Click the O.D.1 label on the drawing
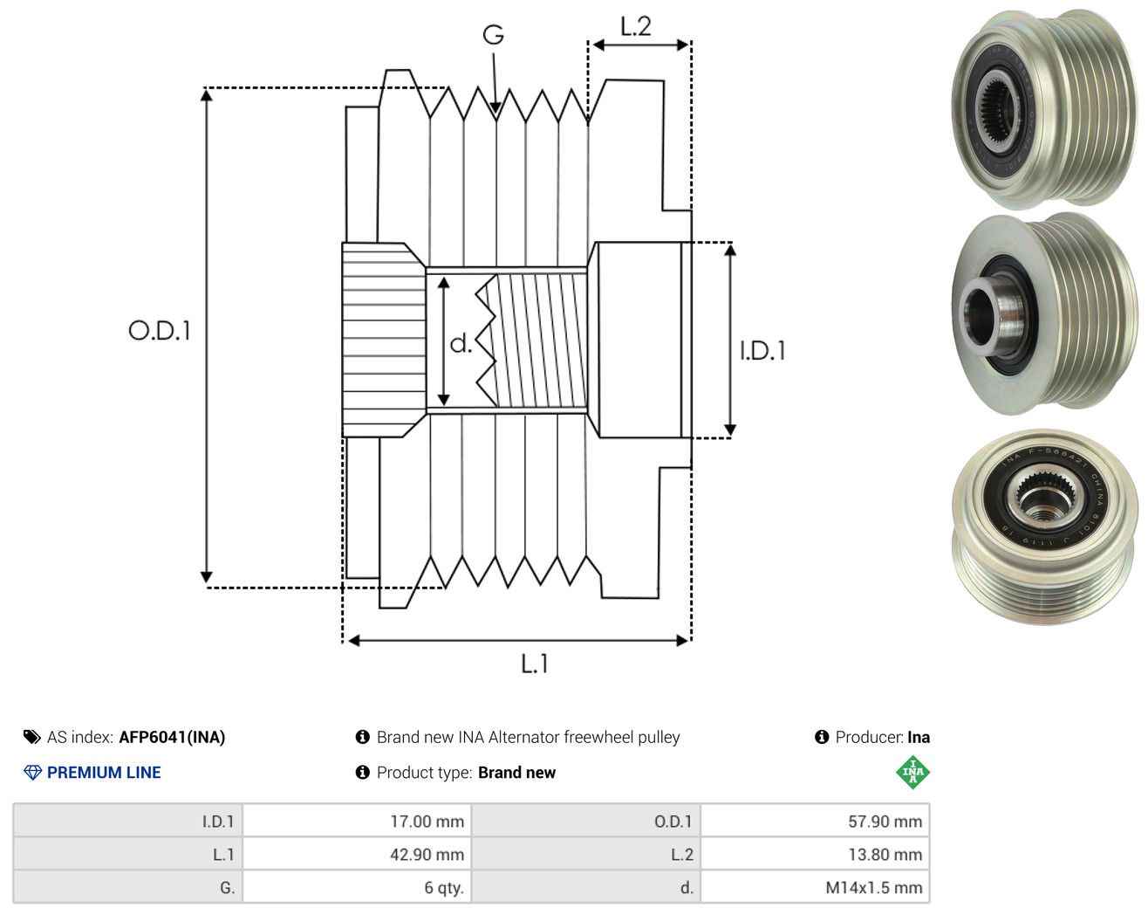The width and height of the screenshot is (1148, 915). pyautogui.click(x=160, y=331)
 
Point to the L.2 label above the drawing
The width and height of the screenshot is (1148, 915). pyautogui.click(x=635, y=26)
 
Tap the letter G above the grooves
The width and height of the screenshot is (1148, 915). pyautogui.click(x=493, y=35)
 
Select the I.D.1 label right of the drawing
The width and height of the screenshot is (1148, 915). pyautogui.click(x=762, y=351)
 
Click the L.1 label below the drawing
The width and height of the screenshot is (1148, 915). pyautogui.click(x=534, y=664)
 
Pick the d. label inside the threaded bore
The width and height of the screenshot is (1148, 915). pyautogui.click(x=461, y=343)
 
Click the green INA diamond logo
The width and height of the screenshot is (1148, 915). pyautogui.click(x=912, y=772)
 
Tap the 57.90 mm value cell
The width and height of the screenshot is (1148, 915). pyautogui.click(x=815, y=821)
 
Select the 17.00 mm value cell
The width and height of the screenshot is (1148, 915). pyautogui.click(x=357, y=821)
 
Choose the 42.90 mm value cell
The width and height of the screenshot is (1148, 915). pyautogui.click(x=357, y=854)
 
